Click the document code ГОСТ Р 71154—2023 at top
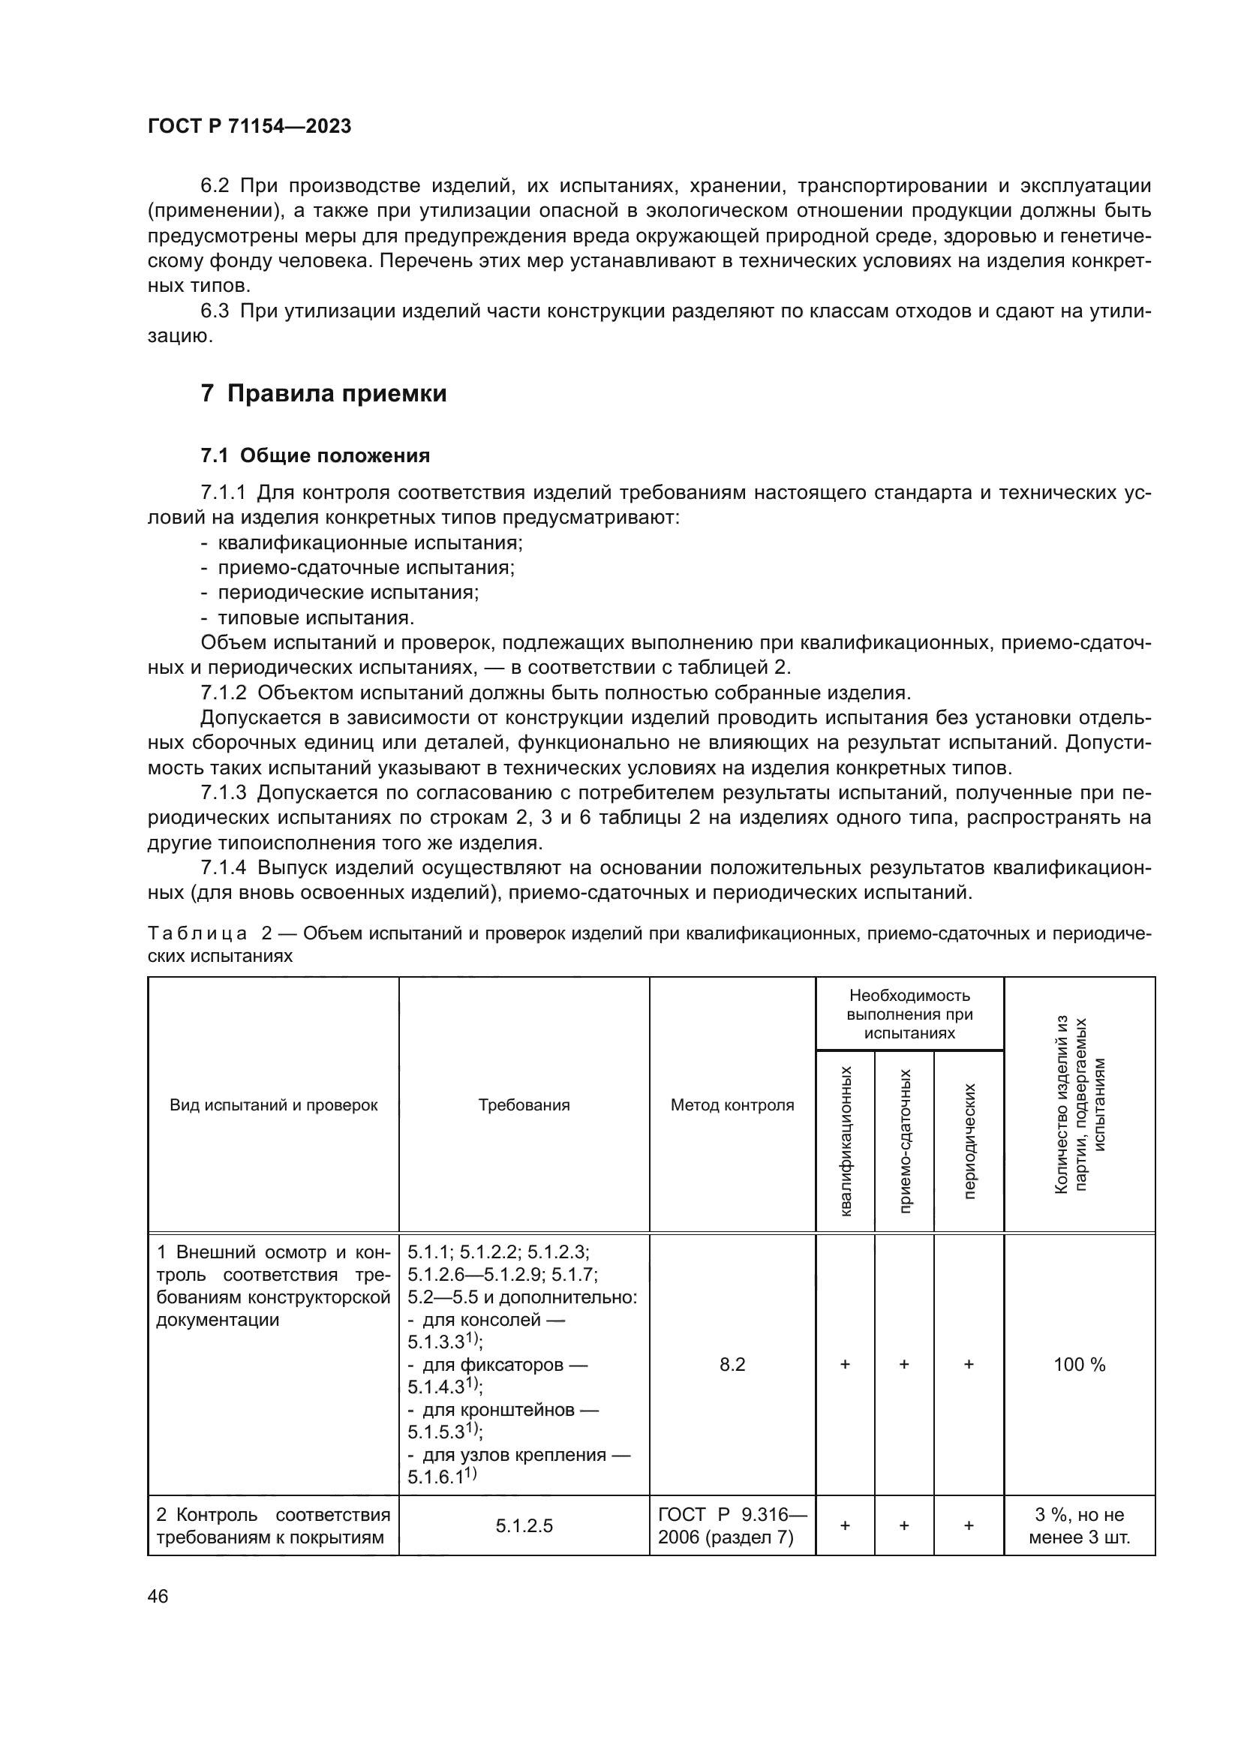[249, 126]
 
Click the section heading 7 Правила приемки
[323, 394]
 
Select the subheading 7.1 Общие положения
[315, 455]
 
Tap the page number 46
[158, 1596]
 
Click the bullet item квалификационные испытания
[370, 542]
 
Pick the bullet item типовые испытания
[316, 618]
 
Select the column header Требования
[524, 1105]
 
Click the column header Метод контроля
[732, 1105]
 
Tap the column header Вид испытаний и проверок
[274, 1105]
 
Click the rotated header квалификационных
[845, 1141]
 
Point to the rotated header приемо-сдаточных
[905, 1141]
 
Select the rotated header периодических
[969, 1141]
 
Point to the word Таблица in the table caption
[197, 933]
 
